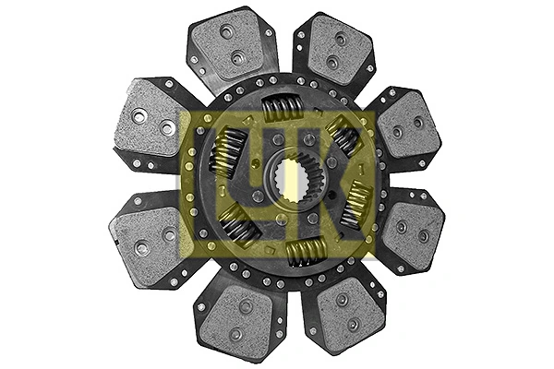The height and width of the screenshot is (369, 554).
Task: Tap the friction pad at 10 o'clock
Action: point(149,120)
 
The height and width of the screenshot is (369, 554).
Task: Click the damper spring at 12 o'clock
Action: point(283,110)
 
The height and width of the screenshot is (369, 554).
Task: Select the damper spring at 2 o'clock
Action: point(343,137)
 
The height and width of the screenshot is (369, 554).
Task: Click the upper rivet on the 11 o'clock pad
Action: point(227,31)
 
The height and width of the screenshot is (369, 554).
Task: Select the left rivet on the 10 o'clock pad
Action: point(139,116)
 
